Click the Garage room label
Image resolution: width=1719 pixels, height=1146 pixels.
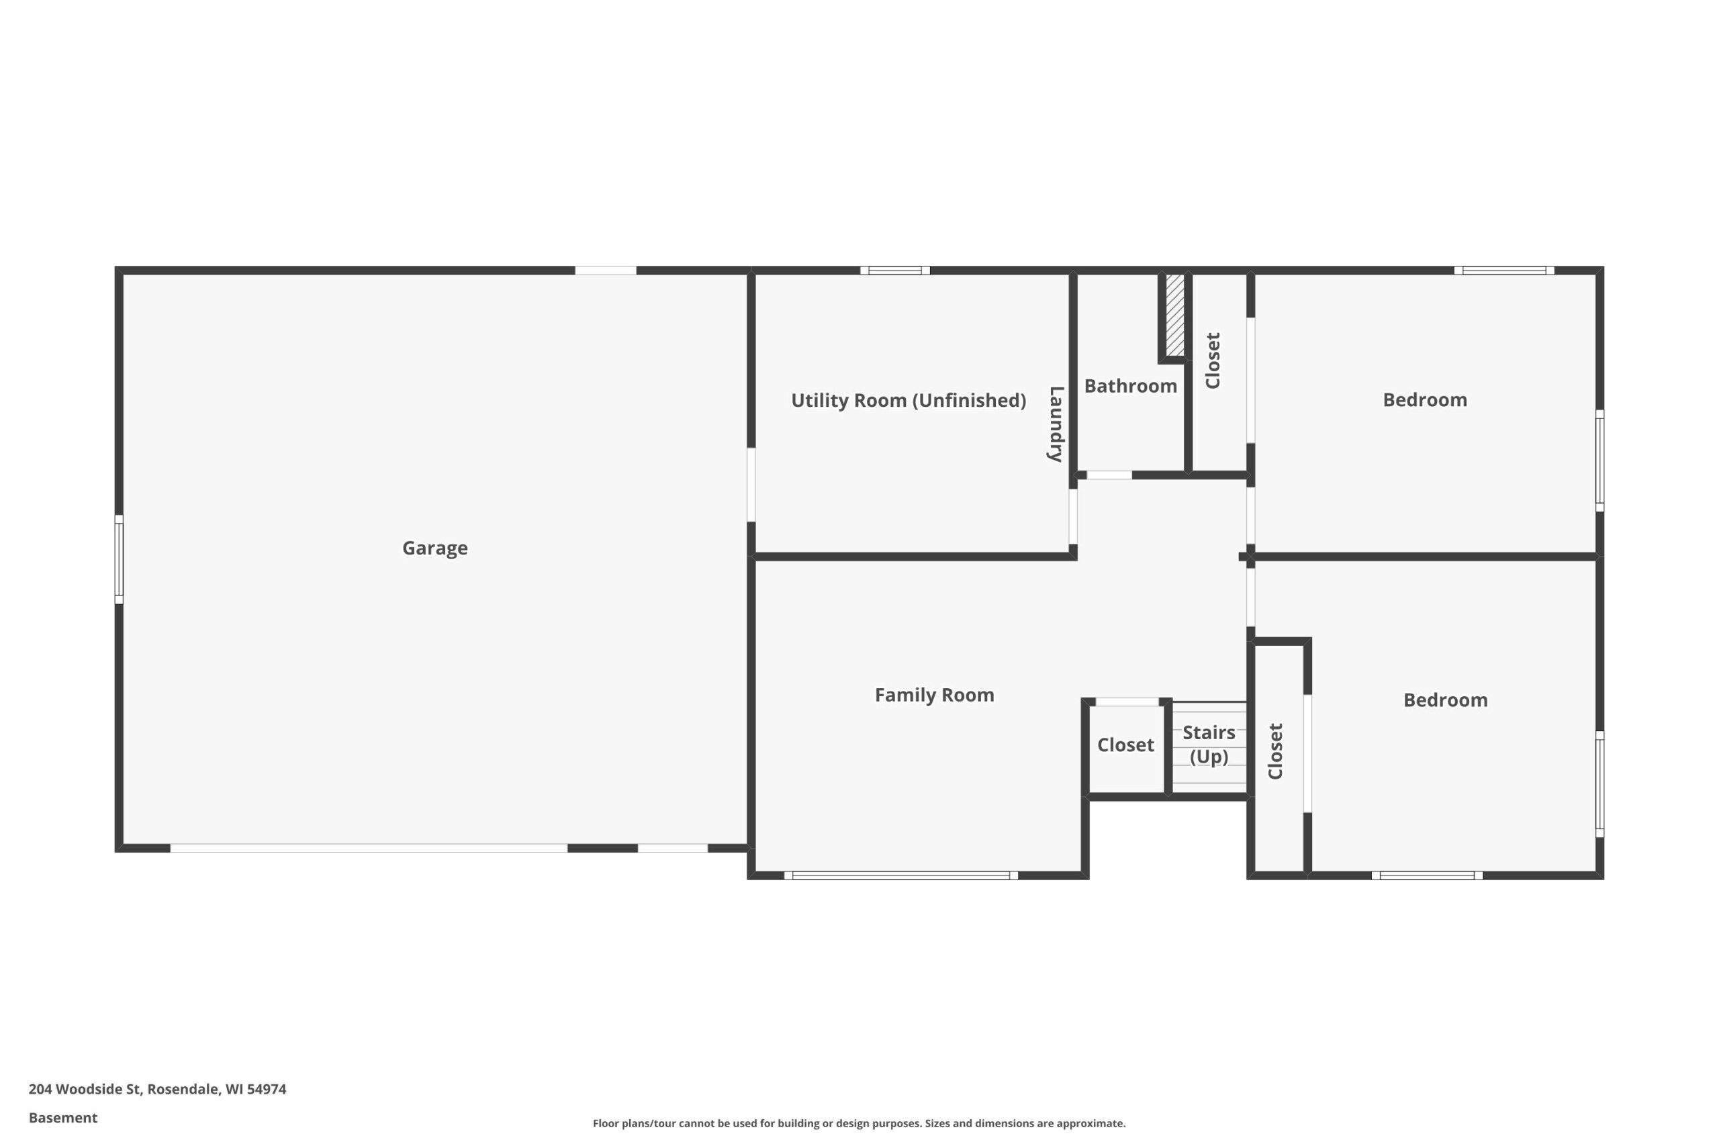435,548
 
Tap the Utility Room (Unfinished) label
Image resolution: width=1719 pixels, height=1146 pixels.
909,401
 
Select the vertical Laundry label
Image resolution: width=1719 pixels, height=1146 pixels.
1056,424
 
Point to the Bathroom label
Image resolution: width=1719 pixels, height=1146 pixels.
1130,386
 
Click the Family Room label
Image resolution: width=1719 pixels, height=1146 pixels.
934,695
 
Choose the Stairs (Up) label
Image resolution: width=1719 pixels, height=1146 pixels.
1209,744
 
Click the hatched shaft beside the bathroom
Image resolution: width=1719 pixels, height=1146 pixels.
1174,315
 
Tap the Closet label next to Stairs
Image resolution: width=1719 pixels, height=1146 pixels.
1125,745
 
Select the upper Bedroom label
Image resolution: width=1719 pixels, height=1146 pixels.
1424,399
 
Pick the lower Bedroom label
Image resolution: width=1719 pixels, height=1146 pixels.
1445,700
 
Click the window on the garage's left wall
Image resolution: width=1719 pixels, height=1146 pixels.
119,559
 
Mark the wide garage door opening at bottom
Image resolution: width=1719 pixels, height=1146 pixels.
369,848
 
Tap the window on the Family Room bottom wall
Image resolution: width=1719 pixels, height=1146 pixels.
901,875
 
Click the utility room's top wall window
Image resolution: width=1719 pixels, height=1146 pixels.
894,271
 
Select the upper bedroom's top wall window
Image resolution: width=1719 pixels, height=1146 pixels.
1504,271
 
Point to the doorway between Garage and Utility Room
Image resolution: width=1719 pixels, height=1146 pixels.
751,485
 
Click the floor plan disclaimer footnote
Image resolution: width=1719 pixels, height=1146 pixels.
859,1123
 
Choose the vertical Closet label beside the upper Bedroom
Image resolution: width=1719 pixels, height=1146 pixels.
1213,361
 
